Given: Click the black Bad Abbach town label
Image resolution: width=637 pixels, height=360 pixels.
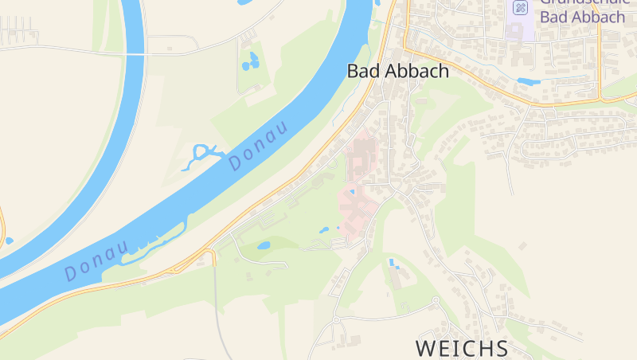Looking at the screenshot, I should (x=397, y=71).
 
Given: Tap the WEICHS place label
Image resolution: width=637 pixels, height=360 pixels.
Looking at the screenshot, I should (x=462, y=348).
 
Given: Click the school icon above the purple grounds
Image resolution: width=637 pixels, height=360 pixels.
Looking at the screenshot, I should (x=520, y=8).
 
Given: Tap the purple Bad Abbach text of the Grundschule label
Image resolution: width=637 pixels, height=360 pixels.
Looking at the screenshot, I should (x=580, y=17).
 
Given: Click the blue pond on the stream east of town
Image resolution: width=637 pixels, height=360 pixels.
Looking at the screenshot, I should (x=528, y=81).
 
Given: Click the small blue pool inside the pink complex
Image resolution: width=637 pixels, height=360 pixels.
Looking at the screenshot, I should (x=351, y=192).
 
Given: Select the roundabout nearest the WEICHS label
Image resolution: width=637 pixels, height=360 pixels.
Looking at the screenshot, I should (x=436, y=300).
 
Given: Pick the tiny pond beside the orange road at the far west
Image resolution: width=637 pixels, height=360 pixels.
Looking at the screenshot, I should (x=9, y=241).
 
